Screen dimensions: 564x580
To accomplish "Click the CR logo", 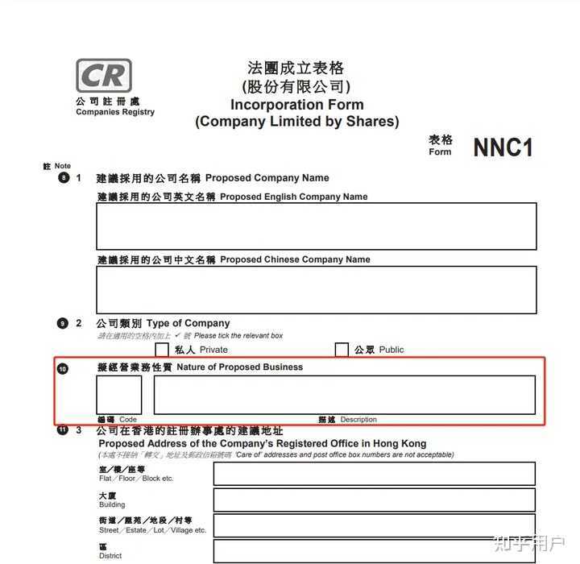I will click(103, 76).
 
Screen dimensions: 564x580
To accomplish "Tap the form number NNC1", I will click(503, 147).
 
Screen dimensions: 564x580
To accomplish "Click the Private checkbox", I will click(162, 350).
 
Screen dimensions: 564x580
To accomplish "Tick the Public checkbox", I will click(342, 350).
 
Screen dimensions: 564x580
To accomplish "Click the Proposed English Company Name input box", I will click(316, 226).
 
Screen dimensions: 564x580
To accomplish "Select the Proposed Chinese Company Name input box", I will click(316, 289).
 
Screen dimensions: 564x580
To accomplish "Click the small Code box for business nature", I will click(119, 395).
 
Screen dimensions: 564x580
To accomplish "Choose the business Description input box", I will click(345, 395).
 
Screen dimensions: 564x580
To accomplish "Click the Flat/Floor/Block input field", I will click(374, 474).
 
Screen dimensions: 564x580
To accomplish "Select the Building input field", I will click(374, 500).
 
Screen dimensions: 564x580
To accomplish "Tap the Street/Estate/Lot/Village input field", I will click(374, 525).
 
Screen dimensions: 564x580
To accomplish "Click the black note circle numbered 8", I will click(64, 178).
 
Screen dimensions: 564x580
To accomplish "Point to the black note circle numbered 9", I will click(63, 323).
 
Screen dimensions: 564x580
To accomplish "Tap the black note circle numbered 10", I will click(63, 368).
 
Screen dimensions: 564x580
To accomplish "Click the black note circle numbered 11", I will click(63, 430).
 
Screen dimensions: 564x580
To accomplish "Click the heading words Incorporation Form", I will click(296, 105).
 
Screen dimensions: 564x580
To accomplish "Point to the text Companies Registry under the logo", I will click(115, 112).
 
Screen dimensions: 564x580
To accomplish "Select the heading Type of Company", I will click(188, 323).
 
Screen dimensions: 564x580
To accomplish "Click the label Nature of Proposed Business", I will click(240, 367).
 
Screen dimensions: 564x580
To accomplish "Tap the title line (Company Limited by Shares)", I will click(296, 122).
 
